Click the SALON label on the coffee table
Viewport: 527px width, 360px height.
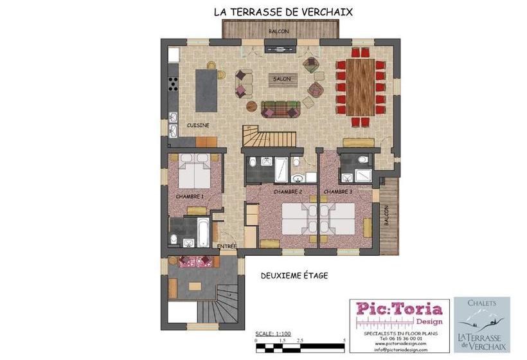(281, 79)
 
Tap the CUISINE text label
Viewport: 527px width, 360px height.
(198, 125)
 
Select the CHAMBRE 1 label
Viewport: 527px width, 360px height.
(190, 195)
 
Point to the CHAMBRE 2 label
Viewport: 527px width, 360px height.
(287, 192)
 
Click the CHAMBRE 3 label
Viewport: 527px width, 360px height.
(338, 192)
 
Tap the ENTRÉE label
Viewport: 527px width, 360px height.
(226, 246)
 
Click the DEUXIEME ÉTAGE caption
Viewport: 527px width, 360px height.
(294, 275)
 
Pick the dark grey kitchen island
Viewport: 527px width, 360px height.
(206, 89)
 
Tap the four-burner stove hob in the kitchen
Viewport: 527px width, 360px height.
(173, 84)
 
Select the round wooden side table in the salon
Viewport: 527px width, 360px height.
(252, 105)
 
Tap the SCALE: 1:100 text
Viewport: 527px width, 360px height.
(273, 334)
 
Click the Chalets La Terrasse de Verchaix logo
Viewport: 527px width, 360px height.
(482, 324)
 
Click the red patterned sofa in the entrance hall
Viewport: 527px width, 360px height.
(195, 261)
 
